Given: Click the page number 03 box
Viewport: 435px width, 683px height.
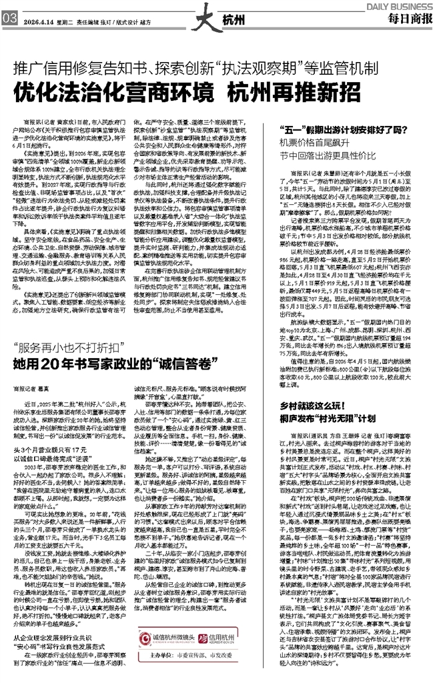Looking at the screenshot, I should pyautogui.click(x=10, y=19).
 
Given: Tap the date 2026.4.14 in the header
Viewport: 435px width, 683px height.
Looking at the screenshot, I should pyautogui.click(x=42, y=19).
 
